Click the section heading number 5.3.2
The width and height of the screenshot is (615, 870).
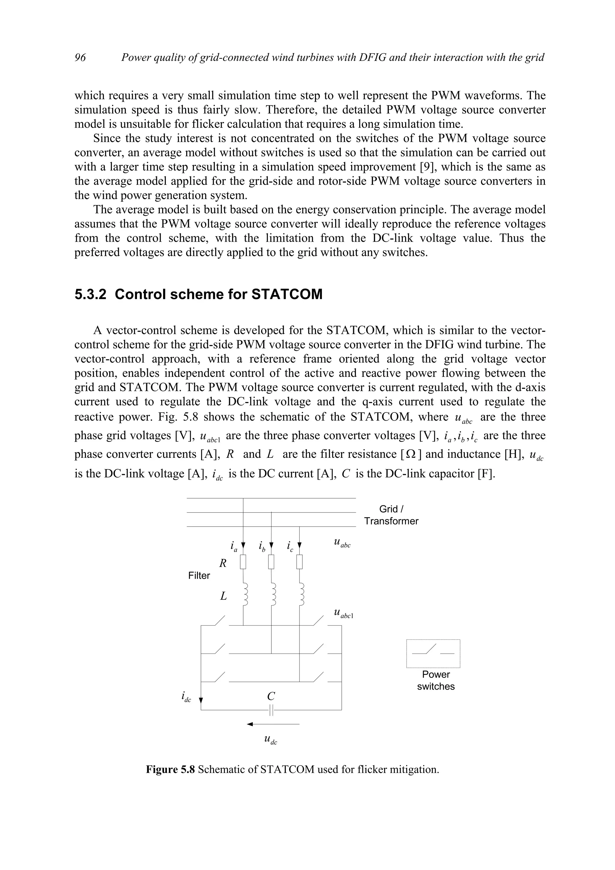pyautogui.click(x=91, y=295)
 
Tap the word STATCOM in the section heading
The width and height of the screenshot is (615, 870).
pyautogui.click(x=287, y=295)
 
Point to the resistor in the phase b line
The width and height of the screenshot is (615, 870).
pyautogui.click(x=271, y=562)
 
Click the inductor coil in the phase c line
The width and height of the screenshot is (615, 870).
pyautogui.click(x=301, y=595)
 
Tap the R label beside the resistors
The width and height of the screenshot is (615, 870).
pyautogui.click(x=223, y=564)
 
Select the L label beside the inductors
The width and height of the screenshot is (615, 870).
pyautogui.click(x=223, y=597)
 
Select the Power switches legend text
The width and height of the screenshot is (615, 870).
pyautogui.click(x=436, y=680)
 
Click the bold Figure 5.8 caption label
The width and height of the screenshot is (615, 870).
pyautogui.click(x=170, y=770)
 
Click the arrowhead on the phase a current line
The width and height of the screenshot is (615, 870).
pyautogui.click(x=243, y=546)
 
